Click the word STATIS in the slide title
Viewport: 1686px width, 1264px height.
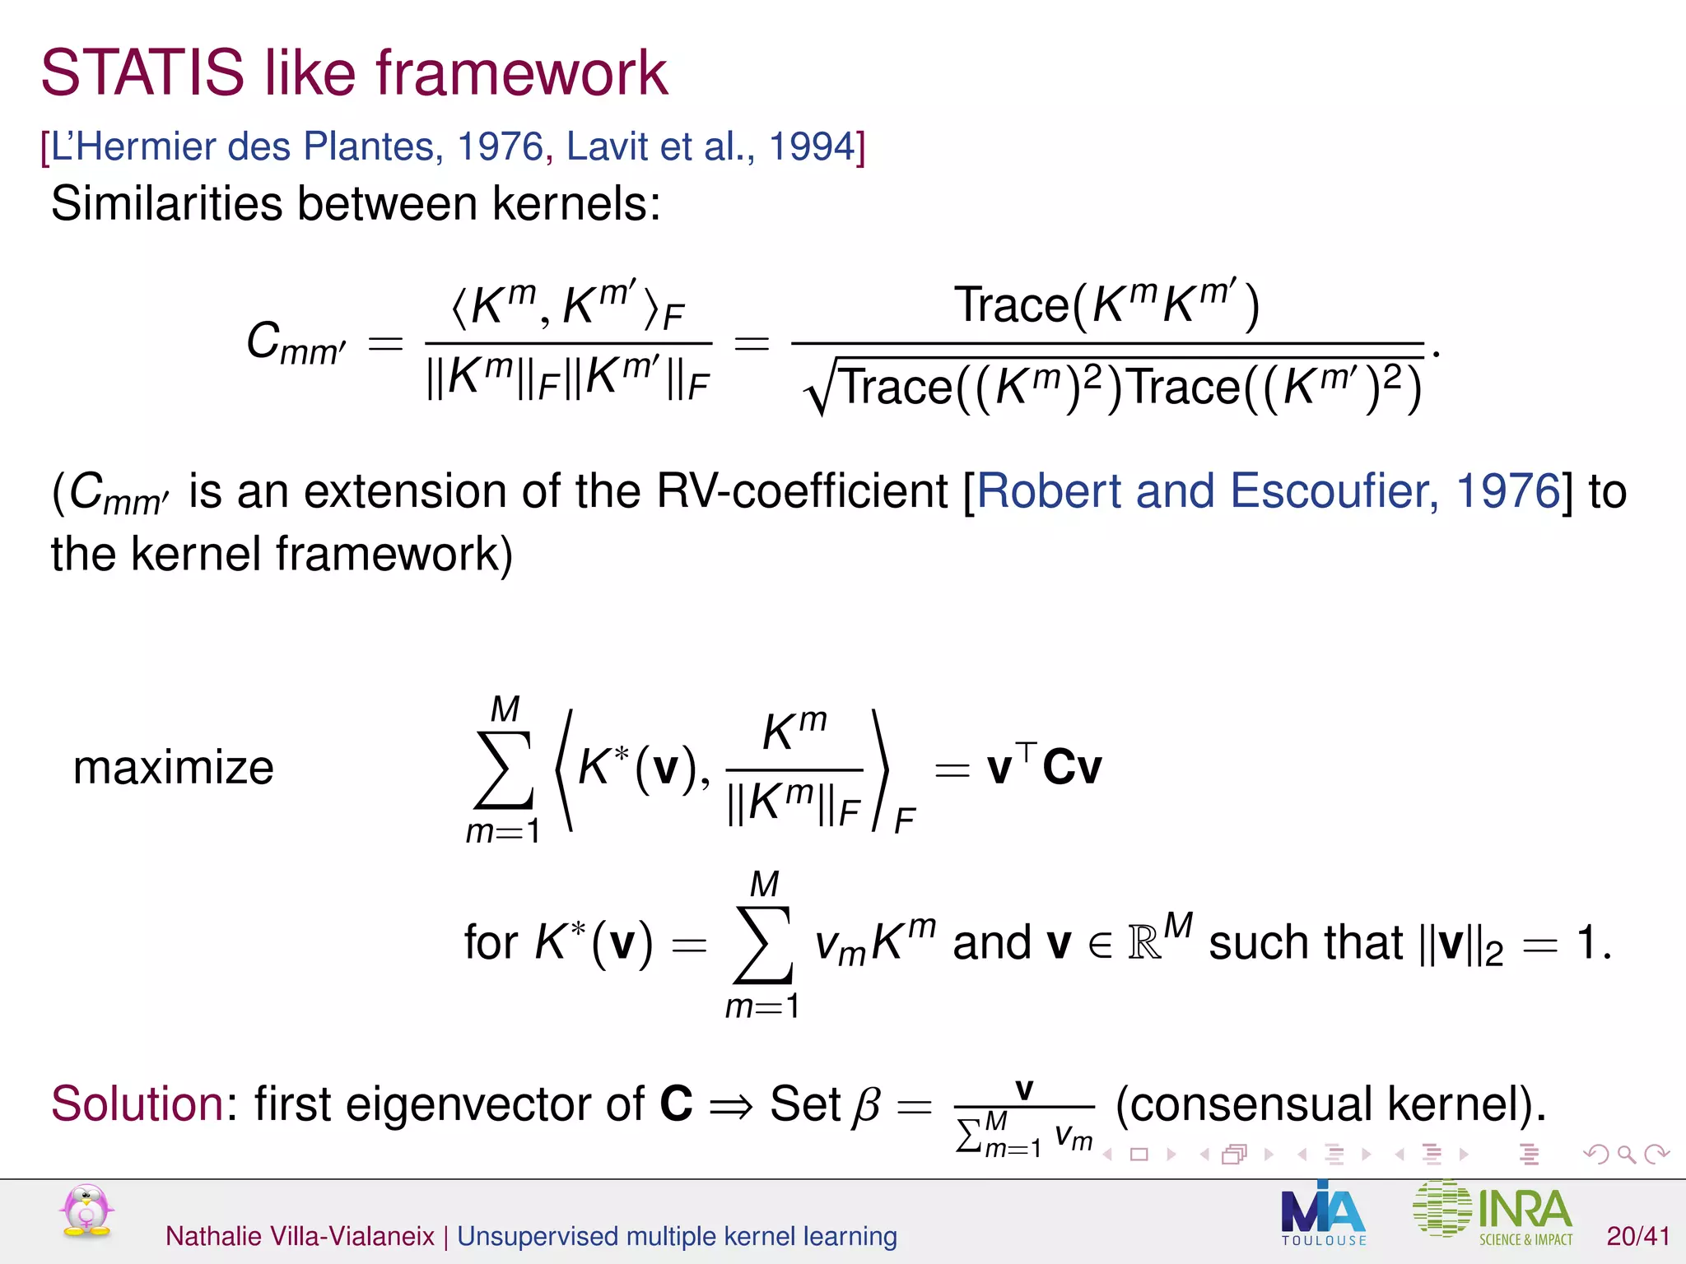pos(142,73)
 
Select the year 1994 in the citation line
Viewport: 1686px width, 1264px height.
pos(812,147)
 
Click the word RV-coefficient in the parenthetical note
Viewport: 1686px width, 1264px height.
pos(803,491)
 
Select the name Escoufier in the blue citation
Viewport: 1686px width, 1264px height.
pos(1334,491)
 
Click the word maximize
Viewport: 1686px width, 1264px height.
pos(173,768)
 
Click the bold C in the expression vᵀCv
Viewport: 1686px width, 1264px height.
pos(1059,768)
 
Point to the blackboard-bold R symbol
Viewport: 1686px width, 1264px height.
pos(1143,943)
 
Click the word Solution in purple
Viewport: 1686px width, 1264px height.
pos(137,1104)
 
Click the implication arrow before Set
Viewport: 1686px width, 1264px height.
pos(730,1105)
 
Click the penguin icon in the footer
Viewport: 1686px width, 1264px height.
pos(86,1211)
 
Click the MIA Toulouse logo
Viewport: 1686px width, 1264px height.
pos(1323,1215)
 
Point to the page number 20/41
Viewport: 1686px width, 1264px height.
pos(1638,1236)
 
